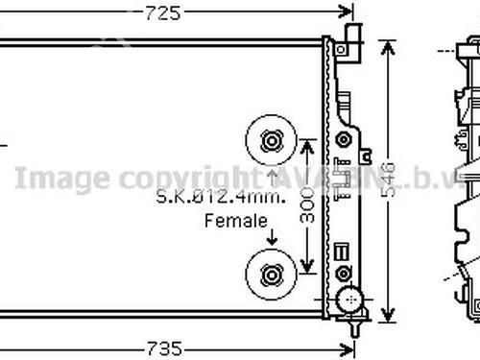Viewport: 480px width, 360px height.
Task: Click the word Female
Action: pyautogui.click(x=235, y=221)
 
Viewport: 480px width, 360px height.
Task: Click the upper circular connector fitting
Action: pyautogui.click(x=271, y=142)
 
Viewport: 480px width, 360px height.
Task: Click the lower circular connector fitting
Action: pyautogui.click(x=271, y=276)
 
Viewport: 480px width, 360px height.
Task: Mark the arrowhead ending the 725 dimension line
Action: pyautogui.click(x=348, y=12)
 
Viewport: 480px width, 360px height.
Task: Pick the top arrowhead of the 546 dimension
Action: pyautogui.click(x=387, y=44)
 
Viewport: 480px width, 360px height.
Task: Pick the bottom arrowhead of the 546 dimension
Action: pyautogui.click(x=387, y=318)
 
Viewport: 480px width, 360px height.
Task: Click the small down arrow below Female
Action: pyautogui.click(x=271, y=240)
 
